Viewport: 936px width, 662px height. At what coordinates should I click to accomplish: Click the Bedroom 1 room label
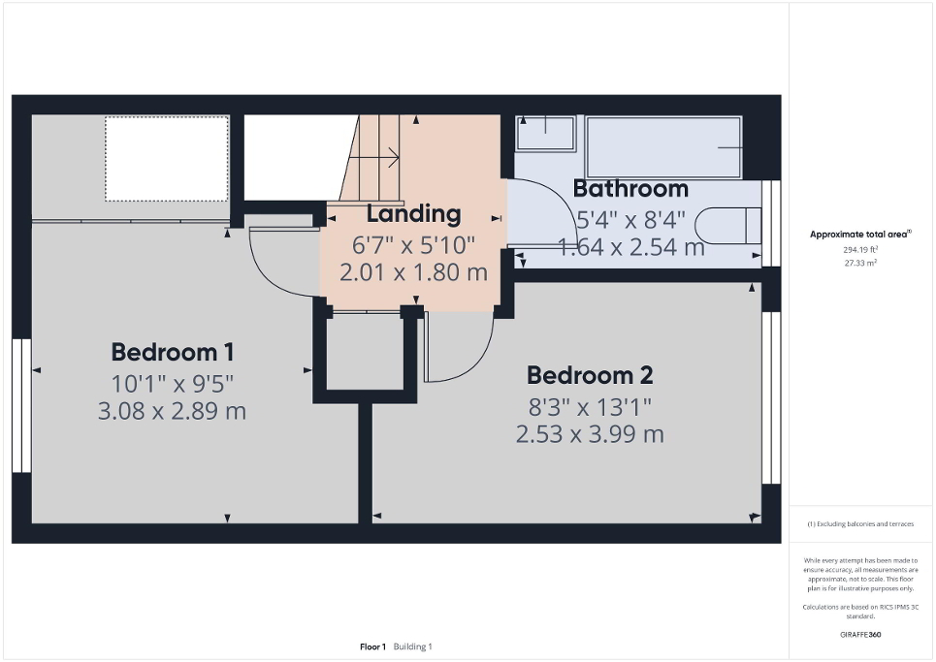[x=172, y=352]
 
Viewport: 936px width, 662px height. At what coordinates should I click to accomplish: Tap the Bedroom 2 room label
[x=589, y=374]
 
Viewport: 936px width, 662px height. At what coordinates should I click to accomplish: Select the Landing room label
[x=413, y=213]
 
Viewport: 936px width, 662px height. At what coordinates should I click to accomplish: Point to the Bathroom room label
[x=630, y=188]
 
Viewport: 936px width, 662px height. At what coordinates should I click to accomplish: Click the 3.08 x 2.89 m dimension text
[x=172, y=411]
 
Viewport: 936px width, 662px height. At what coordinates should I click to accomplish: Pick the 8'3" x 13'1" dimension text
[x=589, y=405]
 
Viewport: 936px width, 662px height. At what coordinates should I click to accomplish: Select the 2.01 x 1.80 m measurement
[x=413, y=272]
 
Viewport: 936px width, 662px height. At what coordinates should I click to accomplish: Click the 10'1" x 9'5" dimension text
[x=172, y=382]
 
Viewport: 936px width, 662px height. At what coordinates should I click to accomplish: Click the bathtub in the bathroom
[x=663, y=147]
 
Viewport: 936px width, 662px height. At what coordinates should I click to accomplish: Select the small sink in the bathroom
[x=545, y=133]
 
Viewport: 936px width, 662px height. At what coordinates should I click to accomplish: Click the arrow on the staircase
[x=380, y=155]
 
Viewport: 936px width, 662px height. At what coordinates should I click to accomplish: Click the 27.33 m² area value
[x=861, y=262]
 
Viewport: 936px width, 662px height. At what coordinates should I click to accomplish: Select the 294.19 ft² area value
[x=861, y=249]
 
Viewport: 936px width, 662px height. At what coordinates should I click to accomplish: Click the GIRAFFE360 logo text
[x=861, y=635]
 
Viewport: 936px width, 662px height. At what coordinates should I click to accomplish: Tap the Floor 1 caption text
[x=372, y=646]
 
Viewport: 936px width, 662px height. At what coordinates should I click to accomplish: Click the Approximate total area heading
[x=861, y=234]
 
